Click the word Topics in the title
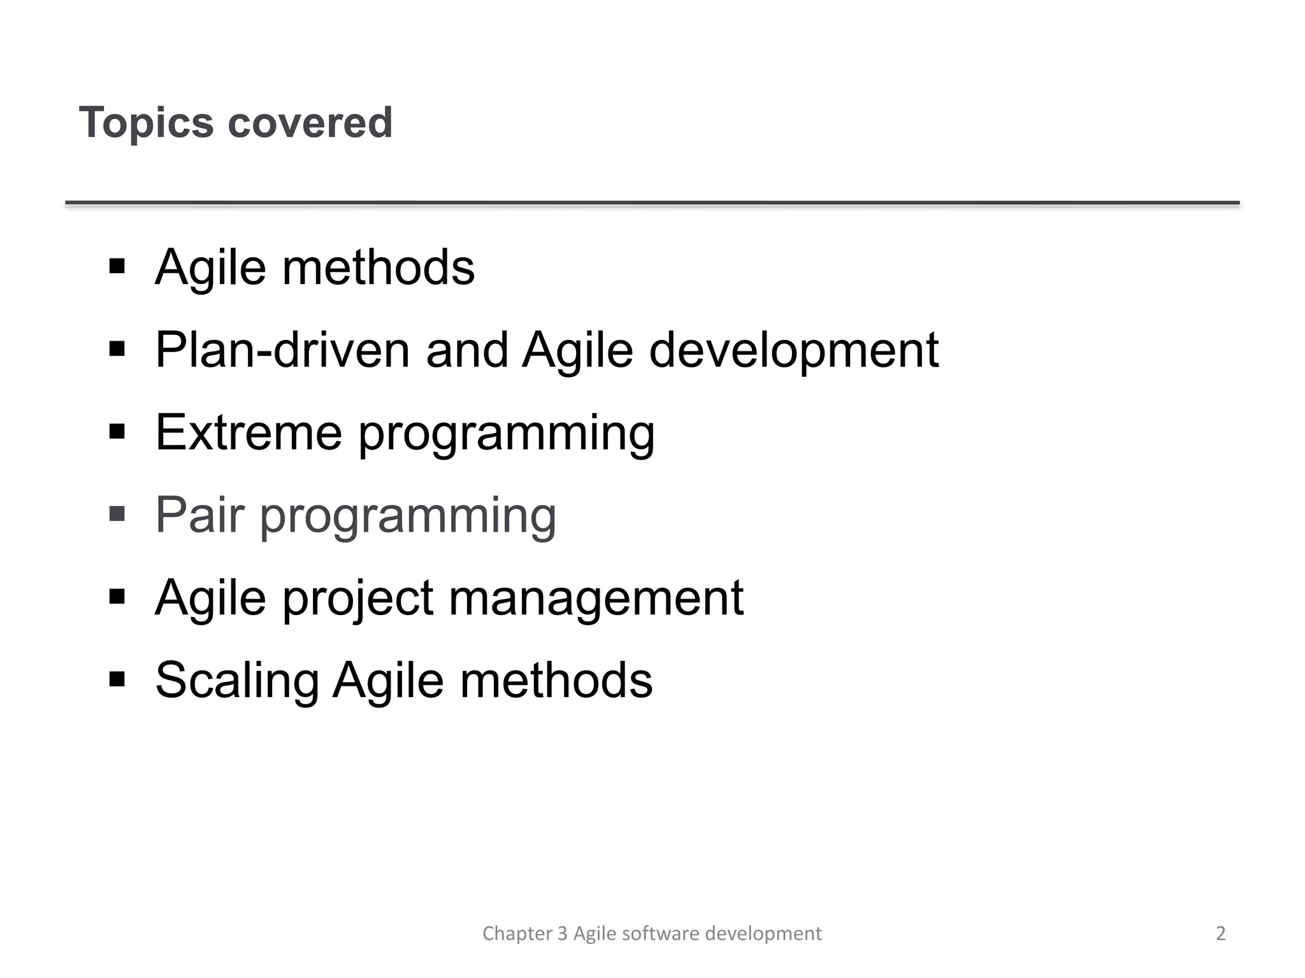146,122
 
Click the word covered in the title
310,122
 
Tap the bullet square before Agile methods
117,266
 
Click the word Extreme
249,432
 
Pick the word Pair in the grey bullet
199,514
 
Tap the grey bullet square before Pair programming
117,513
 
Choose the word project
357,599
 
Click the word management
596,599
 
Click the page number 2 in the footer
1220,933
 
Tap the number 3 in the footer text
562,933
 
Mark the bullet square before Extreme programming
117,432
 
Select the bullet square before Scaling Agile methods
117,679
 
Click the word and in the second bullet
466,350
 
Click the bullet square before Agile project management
117,597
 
